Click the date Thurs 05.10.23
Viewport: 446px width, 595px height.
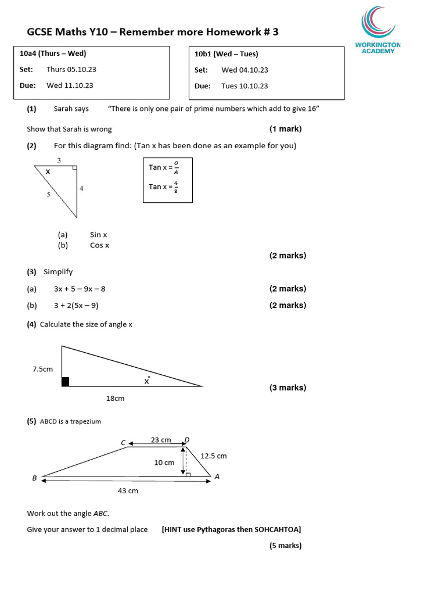point(71,70)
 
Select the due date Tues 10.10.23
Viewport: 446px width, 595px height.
point(244,86)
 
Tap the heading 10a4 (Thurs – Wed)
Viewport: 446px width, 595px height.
point(53,54)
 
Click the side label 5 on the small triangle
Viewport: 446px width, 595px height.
point(48,195)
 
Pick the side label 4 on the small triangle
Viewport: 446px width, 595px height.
point(81,188)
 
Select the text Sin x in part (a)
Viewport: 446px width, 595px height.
point(99,235)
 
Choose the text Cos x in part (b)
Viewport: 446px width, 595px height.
point(99,245)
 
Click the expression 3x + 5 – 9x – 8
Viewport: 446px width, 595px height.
point(80,289)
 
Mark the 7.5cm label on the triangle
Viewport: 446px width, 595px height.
point(42,369)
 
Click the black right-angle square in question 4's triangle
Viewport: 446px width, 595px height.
point(65,382)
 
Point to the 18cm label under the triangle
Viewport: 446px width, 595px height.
point(115,399)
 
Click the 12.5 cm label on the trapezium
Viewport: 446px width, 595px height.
point(213,456)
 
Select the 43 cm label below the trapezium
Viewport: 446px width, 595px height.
point(128,491)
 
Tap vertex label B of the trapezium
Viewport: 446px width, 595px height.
point(34,478)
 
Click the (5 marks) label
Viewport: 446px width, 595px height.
point(285,546)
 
